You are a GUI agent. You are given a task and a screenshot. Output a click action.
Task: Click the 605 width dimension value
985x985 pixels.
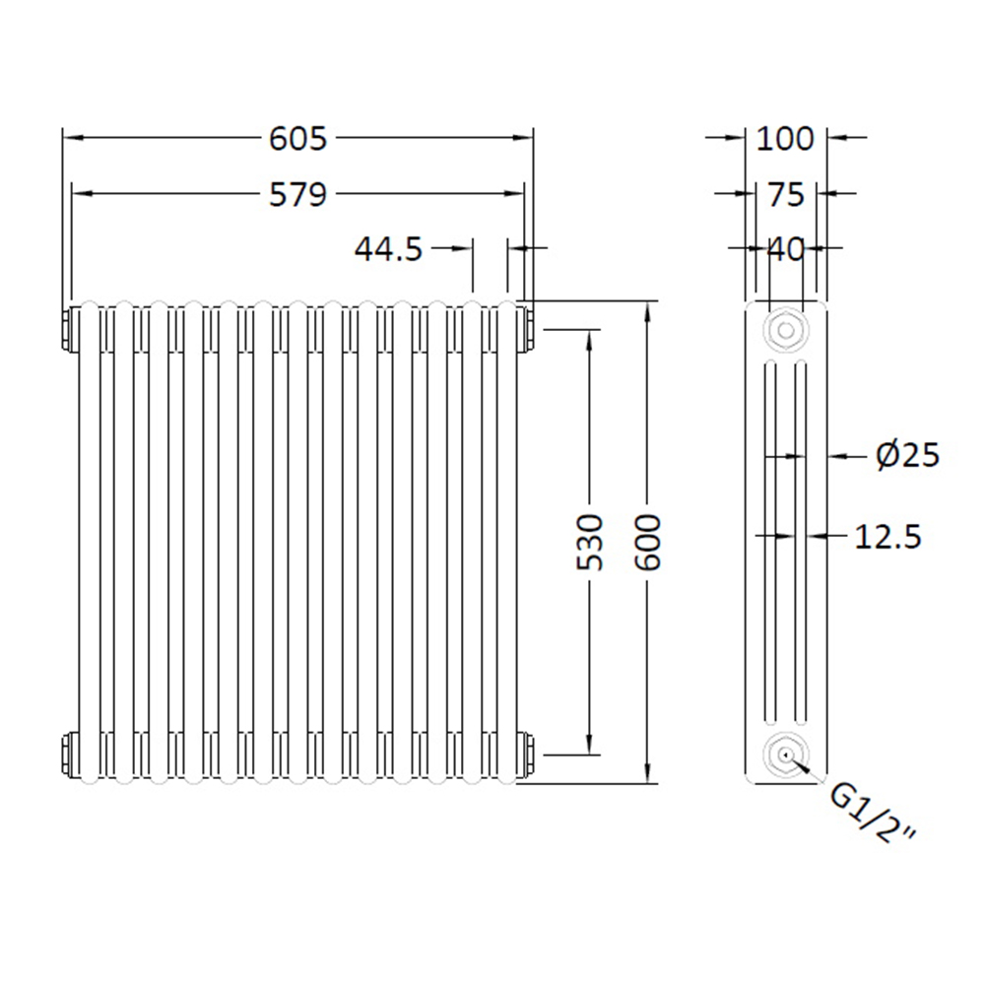[297, 139]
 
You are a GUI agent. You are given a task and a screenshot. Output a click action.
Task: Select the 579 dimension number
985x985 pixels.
[297, 195]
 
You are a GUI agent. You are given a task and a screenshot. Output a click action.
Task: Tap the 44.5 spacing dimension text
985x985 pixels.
[389, 250]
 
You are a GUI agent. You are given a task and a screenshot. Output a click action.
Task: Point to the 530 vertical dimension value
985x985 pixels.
[590, 542]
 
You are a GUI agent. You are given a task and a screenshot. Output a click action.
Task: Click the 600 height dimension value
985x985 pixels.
[648, 542]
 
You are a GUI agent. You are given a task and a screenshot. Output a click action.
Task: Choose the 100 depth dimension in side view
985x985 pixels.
[785, 139]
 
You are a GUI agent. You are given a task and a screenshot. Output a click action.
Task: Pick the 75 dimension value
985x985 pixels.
[786, 195]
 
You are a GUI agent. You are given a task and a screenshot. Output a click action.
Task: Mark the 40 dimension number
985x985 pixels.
[786, 250]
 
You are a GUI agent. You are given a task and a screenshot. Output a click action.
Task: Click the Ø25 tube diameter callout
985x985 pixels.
[908, 455]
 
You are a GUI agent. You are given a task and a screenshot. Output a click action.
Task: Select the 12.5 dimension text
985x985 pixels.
[887, 537]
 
